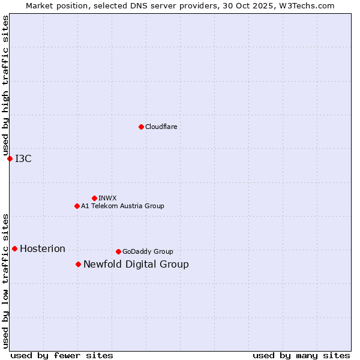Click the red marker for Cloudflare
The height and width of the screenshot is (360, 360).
[141, 127]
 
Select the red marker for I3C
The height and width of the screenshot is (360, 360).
[10, 158]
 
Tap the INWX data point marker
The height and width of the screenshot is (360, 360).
[94, 198]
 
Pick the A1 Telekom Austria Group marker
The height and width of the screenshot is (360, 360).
[77, 206]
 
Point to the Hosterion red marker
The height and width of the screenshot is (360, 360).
[14, 248]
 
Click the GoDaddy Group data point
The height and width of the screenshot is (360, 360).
[118, 251]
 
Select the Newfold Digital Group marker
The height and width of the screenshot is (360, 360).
[78, 264]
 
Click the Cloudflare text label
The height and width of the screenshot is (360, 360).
[161, 127]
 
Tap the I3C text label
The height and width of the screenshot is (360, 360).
[23, 158]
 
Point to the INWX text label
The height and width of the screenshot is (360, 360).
[107, 198]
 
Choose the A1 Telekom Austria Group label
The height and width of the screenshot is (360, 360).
[122, 206]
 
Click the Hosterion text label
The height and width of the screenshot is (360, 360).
[43, 248]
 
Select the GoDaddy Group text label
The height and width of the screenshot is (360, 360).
[148, 251]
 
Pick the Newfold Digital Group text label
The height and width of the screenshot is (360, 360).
[136, 264]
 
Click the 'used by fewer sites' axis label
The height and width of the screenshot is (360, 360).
[62, 355]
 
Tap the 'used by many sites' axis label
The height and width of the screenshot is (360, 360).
[301, 355]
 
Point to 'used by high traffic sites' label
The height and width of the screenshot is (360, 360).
[5, 86]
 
